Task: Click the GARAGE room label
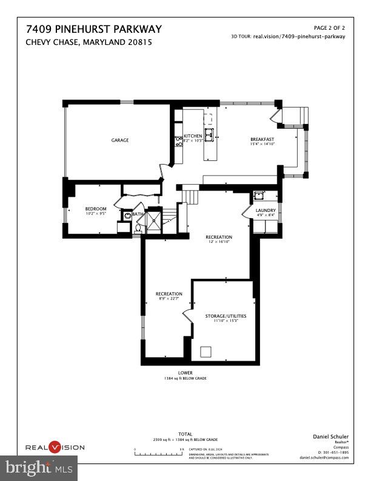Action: (120, 140)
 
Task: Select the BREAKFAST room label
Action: (262, 140)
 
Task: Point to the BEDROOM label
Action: (96, 209)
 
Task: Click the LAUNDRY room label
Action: (266, 210)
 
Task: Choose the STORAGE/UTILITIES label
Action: (225, 316)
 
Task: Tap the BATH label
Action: (138, 214)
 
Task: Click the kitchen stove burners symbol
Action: (179, 142)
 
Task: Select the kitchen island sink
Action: (210, 134)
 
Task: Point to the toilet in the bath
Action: (138, 228)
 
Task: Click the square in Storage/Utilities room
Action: (206, 351)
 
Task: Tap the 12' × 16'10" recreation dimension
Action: (218, 242)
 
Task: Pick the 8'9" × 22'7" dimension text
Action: (169, 299)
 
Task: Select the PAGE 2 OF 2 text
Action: (329, 28)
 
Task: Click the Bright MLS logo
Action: (39, 468)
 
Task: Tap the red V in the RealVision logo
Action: (55, 448)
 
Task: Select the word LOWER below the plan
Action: (185, 372)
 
